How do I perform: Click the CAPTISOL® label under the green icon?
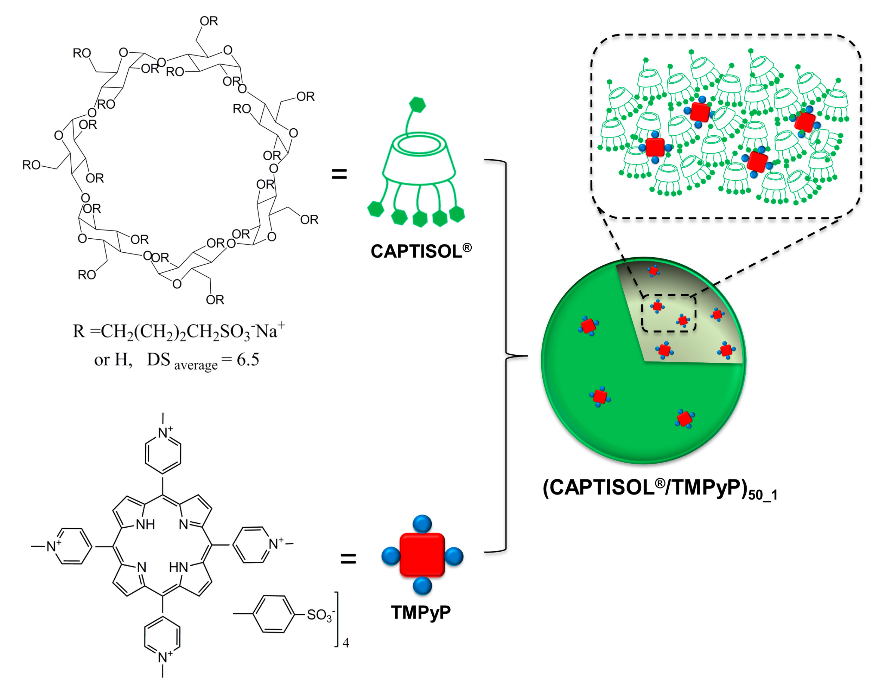(420, 251)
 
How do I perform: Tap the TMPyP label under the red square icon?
(421, 612)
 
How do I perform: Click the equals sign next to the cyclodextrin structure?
(339, 175)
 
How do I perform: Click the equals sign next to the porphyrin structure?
(348, 559)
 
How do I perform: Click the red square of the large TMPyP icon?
(422, 555)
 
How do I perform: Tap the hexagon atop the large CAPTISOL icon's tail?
(417, 105)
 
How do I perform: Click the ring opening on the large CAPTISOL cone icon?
(420, 144)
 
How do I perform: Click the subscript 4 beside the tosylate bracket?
(346, 643)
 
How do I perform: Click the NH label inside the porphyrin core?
(145, 524)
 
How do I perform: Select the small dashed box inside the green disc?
(669, 313)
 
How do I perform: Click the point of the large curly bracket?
(527, 356)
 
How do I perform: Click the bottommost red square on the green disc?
(685, 419)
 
